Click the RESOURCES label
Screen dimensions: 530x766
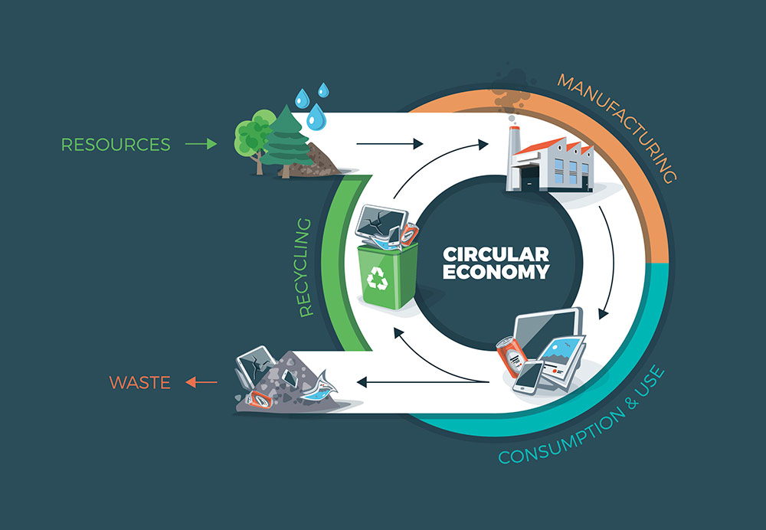tap(116, 144)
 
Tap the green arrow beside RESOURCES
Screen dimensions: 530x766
tap(201, 143)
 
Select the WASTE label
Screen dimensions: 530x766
tap(139, 382)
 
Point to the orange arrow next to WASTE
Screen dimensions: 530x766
tap(201, 381)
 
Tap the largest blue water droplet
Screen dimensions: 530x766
tap(316, 118)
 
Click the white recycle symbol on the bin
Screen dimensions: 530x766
tap(378, 280)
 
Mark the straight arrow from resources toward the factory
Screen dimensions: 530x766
tap(390, 143)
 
